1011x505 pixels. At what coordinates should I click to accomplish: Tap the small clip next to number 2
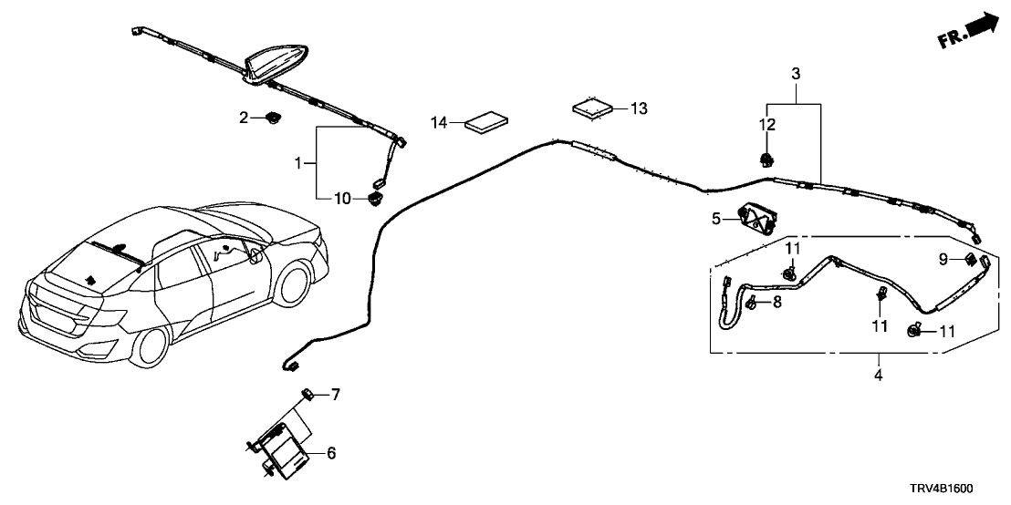pyautogui.click(x=272, y=118)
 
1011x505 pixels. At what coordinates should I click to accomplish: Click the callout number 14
pyautogui.click(x=440, y=122)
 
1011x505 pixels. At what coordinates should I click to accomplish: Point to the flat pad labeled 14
pyautogui.click(x=486, y=122)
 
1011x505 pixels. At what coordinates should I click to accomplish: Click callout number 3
pyautogui.click(x=796, y=73)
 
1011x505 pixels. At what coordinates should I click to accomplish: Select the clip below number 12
pyautogui.click(x=766, y=160)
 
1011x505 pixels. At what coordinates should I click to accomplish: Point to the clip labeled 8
pyautogui.click(x=751, y=303)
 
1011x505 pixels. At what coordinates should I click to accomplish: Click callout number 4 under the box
pyautogui.click(x=879, y=374)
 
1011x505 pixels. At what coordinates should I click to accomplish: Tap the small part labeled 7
pyautogui.click(x=308, y=394)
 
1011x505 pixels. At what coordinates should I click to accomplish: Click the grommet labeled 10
pyautogui.click(x=374, y=198)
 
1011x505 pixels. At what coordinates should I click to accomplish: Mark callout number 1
pyautogui.click(x=297, y=164)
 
